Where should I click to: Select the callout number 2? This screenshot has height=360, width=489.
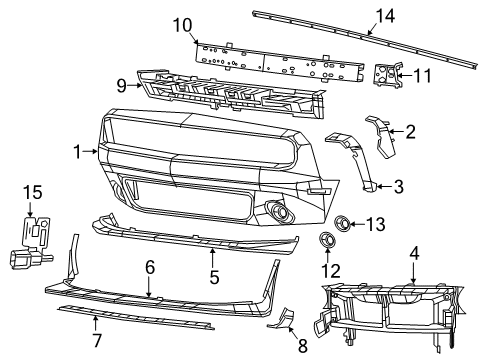click(409, 130)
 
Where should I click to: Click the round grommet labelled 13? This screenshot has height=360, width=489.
click(342, 222)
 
